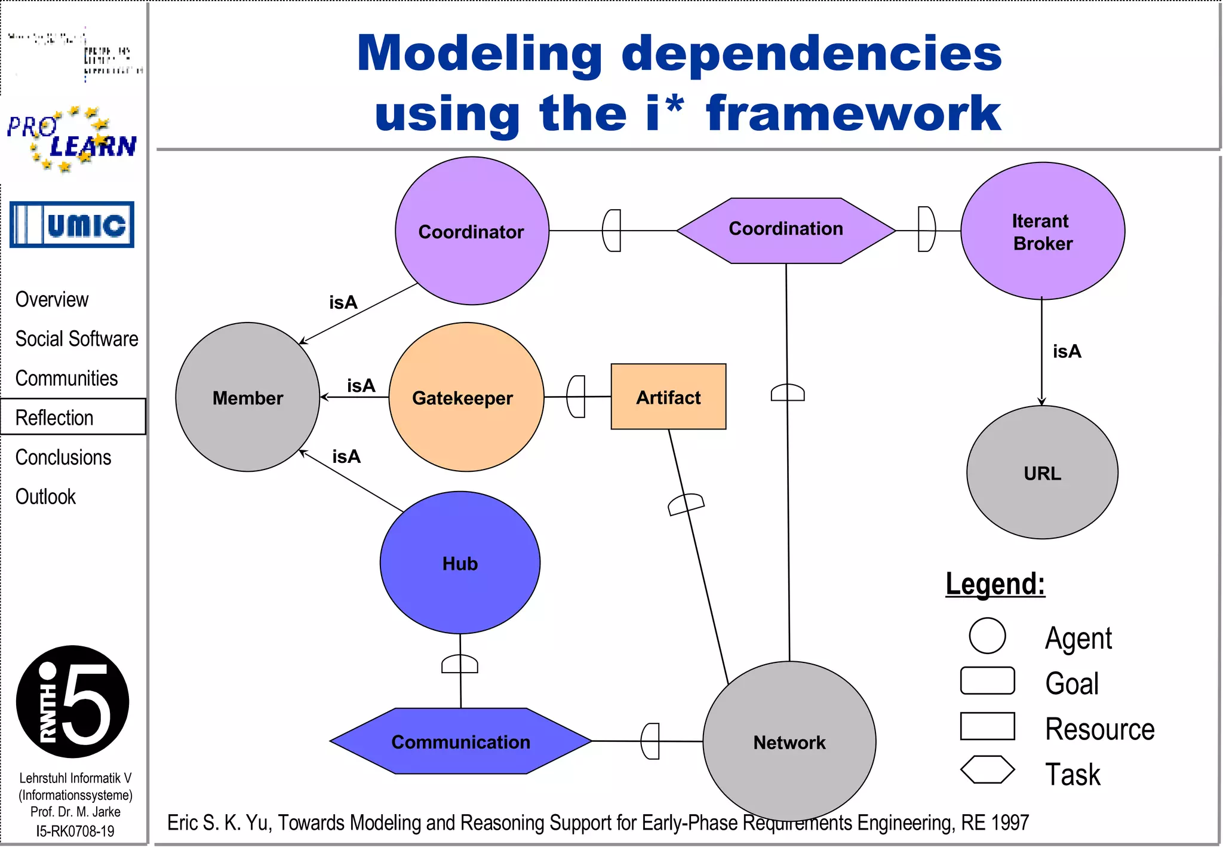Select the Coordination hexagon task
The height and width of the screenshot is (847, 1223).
785,230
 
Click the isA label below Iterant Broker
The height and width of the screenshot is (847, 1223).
1067,351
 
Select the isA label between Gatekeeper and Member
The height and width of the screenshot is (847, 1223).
361,386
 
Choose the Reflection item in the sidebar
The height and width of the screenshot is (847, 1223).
54,418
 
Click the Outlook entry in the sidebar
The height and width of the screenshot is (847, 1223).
45,496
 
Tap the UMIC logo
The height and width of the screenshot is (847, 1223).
72,225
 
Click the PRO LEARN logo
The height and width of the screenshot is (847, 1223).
72,140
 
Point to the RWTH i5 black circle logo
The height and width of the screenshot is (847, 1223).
72,702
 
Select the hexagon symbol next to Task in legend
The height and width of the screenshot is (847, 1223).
987,769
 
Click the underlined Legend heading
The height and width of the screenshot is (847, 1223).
995,584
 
